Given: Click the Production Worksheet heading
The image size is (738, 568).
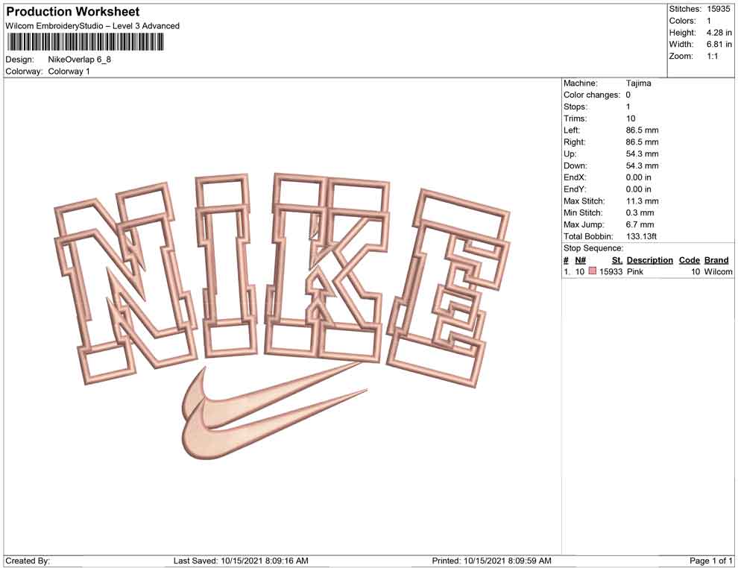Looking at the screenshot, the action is tap(73, 12).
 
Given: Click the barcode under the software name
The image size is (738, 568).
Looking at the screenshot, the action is tap(85, 42).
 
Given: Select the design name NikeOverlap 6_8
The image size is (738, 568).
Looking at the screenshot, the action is tap(80, 60).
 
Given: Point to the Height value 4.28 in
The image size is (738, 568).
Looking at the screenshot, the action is tap(719, 33).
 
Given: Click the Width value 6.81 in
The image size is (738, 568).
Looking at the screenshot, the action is tap(719, 44).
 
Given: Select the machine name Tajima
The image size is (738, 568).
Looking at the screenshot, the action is tap(638, 83).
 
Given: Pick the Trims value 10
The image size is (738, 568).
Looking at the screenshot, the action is tap(631, 119).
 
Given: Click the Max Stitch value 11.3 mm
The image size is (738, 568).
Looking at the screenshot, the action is tap(642, 201).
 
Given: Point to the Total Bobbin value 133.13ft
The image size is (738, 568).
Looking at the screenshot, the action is tap(641, 236).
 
